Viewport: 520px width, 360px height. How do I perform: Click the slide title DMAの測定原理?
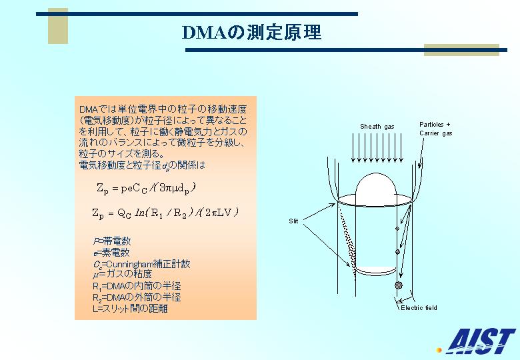[x=252, y=33]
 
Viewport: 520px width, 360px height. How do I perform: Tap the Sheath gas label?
[x=377, y=127]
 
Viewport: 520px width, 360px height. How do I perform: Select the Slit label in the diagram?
[x=293, y=221]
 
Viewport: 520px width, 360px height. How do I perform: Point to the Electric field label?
[x=419, y=307]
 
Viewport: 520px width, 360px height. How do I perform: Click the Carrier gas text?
[x=436, y=133]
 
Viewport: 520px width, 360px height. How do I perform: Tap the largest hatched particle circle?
[x=399, y=285]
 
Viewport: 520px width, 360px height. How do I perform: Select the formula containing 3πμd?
[x=146, y=188]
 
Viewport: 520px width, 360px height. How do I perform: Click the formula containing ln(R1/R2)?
[x=165, y=213]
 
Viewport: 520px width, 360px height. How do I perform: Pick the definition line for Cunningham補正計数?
[x=141, y=264]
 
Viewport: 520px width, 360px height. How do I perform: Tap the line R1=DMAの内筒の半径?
[x=137, y=286]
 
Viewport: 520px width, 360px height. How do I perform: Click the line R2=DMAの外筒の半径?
[x=137, y=297]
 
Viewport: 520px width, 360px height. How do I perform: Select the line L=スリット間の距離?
[x=130, y=309]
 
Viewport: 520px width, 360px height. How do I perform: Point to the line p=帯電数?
[x=112, y=241]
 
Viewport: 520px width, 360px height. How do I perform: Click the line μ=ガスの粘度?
[x=123, y=274]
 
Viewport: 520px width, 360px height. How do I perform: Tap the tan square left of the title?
[x=58, y=26]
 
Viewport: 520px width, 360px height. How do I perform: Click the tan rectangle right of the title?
[x=461, y=50]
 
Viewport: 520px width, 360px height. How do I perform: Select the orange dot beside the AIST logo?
[x=439, y=350]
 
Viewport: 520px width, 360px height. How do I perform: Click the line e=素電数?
[x=111, y=253]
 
